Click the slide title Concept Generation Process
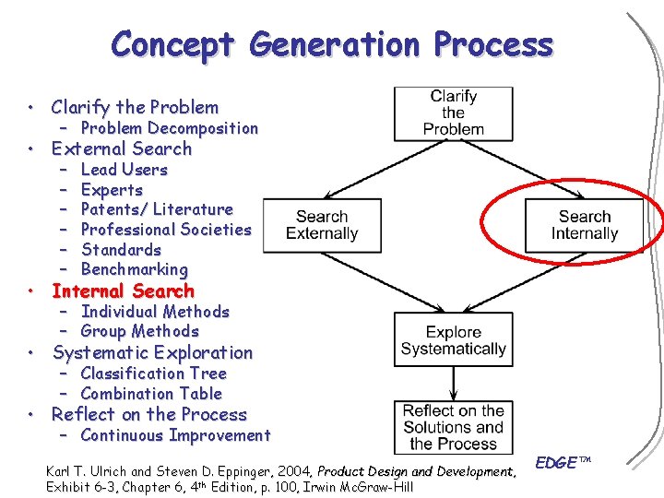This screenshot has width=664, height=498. point(332,44)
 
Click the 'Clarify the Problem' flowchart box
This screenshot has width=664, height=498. point(453,113)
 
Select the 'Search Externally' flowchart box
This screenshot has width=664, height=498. point(322,225)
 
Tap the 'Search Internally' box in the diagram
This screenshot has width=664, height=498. point(584,225)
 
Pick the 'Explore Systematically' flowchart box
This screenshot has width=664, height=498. point(453,339)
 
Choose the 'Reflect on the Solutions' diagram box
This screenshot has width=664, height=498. point(453,426)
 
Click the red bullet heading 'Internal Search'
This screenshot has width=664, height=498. point(123,291)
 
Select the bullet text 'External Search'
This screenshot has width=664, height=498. point(122,148)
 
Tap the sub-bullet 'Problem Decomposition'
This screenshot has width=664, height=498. point(170,128)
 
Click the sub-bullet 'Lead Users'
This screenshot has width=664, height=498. point(125,170)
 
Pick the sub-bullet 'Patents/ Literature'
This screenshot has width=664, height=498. point(157,209)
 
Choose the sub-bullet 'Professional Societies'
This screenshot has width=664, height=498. point(166,230)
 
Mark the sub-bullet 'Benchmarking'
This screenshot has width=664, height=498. point(135,269)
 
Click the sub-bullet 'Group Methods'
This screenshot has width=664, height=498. point(140,331)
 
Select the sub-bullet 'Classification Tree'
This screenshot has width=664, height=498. point(153,373)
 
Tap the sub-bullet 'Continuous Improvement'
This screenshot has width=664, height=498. point(175,435)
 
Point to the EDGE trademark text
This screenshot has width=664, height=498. point(563,463)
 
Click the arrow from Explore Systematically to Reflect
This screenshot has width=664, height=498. point(453,383)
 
